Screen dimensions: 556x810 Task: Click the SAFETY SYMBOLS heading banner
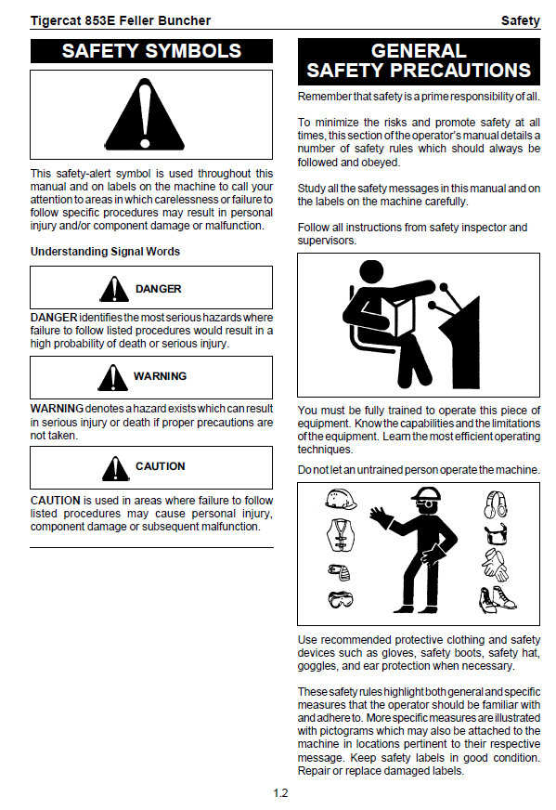coord(151,51)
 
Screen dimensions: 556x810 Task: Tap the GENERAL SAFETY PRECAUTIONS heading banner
coord(419,61)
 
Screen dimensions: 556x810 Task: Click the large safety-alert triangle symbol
coord(145,114)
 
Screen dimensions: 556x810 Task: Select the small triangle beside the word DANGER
coord(114,289)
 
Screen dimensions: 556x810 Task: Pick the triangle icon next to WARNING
coord(112,378)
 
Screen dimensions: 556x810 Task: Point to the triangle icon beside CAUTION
coord(116,468)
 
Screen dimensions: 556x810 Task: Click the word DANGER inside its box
coord(159,289)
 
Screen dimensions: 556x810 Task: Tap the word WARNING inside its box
coord(160,376)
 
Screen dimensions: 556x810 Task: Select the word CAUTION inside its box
coord(160,466)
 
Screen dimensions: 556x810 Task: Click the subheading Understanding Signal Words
coord(105,252)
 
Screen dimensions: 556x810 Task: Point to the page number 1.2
coord(280,793)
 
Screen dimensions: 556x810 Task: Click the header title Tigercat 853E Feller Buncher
coord(121,20)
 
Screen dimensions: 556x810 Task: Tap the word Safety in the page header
coord(521,20)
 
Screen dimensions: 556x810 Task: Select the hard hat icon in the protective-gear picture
coord(341,499)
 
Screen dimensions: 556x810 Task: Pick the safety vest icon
coord(341,535)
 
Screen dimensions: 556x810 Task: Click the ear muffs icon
coord(496,504)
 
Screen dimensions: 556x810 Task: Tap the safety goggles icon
coord(341,599)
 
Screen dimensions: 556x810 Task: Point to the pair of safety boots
coord(497,600)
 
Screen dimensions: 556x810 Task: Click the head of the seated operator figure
coord(371,272)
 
